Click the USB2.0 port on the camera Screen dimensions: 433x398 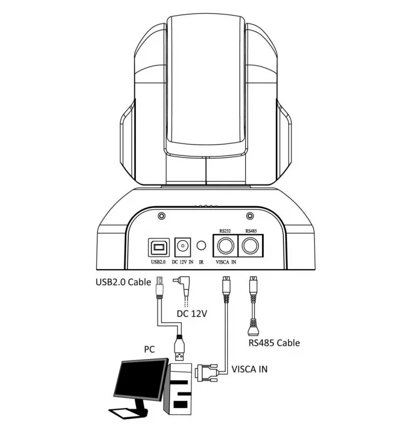(x=158, y=246)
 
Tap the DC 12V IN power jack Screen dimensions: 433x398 (x=182, y=246)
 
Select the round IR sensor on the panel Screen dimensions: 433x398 (x=201, y=246)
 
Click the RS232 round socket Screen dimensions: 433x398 (x=225, y=246)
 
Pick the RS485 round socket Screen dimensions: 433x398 (x=250, y=246)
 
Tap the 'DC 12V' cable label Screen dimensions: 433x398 (x=191, y=313)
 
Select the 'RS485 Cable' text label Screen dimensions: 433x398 (x=274, y=342)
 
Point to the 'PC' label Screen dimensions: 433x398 (x=150, y=350)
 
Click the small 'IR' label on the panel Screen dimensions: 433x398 (x=201, y=262)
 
